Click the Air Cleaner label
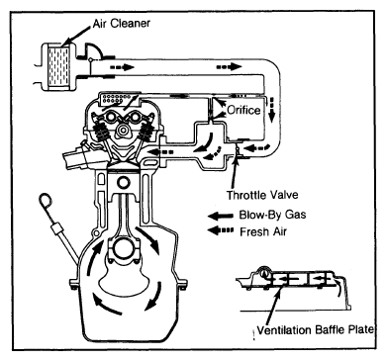tap(122, 24)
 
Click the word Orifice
tap(243, 110)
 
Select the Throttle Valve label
tap(262, 195)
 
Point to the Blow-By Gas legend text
tap(272, 215)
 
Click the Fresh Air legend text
tap(263, 231)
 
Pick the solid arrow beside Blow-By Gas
tap(221, 216)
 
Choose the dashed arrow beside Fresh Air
tap(221, 230)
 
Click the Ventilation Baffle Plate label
tap(315, 330)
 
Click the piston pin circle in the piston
tap(124, 183)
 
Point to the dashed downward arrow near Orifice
tap(271, 110)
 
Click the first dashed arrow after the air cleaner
tap(122, 67)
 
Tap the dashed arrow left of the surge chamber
tap(160, 152)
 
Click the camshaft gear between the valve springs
tap(124, 129)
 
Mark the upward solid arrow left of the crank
tap(94, 259)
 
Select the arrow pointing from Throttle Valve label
tap(234, 172)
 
